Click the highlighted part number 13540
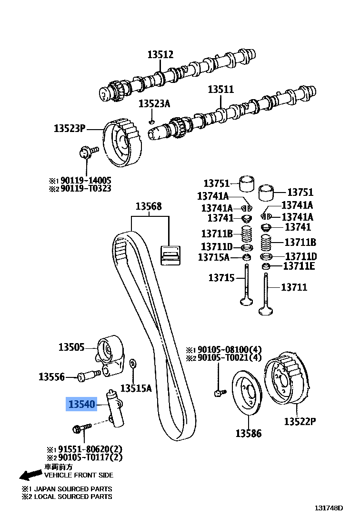point(82,405)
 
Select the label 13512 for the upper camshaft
point(160,54)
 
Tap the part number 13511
point(221,89)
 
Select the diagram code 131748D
point(328,508)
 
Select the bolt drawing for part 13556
point(89,376)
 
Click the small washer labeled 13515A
point(133,364)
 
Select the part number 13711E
point(299,266)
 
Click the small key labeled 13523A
point(151,122)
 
